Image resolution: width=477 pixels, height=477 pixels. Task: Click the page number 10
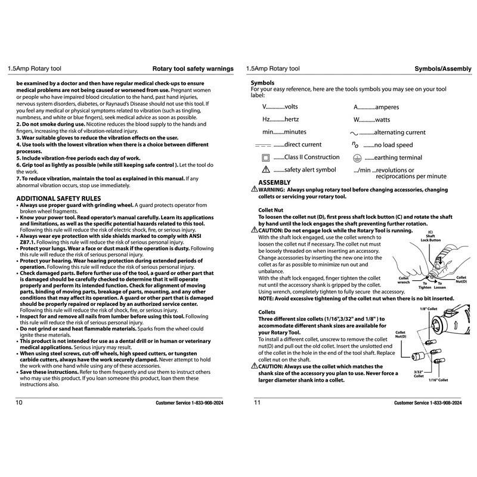(20, 402)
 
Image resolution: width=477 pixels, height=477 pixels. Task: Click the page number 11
(258, 402)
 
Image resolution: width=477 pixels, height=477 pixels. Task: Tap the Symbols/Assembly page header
(439, 69)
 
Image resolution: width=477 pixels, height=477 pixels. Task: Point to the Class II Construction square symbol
(266, 158)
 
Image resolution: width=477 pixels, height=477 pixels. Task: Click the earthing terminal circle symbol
(357, 158)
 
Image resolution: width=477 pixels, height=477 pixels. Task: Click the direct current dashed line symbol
(262, 145)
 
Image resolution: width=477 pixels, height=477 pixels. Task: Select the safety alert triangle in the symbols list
(266, 170)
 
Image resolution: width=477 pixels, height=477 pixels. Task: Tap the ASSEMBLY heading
(274, 182)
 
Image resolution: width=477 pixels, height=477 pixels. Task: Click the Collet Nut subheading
(271, 210)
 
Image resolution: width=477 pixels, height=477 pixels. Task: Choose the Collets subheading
(267, 312)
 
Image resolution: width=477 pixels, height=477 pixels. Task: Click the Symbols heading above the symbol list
(263, 82)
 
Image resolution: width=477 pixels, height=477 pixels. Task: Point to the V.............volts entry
(280, 107)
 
